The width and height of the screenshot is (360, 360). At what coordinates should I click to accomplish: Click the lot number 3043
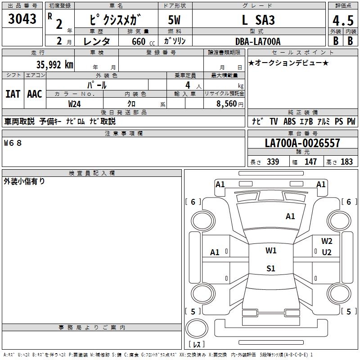(x=22, y=19)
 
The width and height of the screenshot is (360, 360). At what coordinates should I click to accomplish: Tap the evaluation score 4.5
(x=342, y=20)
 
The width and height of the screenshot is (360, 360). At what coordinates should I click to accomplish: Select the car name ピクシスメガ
(x=116, y=20)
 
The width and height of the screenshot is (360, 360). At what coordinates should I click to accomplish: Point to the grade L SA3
(x=258, y=20)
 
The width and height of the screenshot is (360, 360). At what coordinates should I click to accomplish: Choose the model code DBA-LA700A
(x=258, y=42)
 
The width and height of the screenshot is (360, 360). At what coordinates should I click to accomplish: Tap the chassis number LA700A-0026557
(x=302, y=144)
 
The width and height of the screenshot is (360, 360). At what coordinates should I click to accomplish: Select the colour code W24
(x=75, y=103)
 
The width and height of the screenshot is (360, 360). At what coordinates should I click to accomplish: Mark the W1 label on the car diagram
(x=271, y=251)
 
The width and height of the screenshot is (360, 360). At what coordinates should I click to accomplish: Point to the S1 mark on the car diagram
(x=271, y=269)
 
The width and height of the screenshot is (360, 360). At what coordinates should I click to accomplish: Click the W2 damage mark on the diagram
(x=327, y=241)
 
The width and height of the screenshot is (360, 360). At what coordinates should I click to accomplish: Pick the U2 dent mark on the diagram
(x=327, y=252)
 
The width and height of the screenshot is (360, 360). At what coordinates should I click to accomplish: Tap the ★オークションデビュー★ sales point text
(x=288, y=63)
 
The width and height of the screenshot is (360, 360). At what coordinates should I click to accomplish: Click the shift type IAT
(x=13, y=94)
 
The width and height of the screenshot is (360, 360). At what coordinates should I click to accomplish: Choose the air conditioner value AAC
(x=35, y=94)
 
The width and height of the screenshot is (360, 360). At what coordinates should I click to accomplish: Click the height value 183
(x=347, y=162)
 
